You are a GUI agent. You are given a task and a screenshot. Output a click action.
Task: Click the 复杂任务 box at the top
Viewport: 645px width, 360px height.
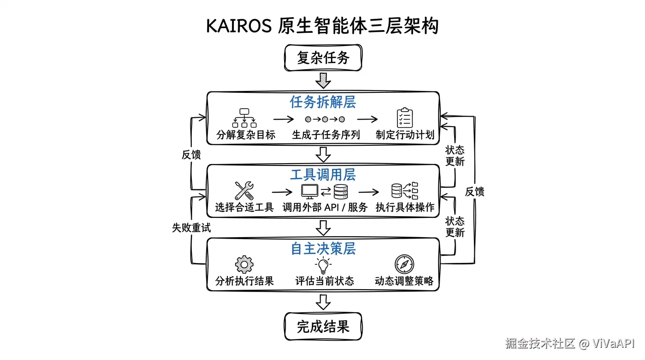[323, 58]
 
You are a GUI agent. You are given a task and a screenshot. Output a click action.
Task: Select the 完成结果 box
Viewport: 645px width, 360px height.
[323, 326]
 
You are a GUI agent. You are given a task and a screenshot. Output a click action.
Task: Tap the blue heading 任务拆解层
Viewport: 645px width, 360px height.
[322, 102]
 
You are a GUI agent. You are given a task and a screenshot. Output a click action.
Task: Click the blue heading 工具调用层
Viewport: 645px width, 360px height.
[322, 175]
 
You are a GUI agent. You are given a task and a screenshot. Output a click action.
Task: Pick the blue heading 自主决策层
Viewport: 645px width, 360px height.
[322, 248]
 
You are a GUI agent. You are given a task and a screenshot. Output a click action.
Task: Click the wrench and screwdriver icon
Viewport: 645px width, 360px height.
[244, 191]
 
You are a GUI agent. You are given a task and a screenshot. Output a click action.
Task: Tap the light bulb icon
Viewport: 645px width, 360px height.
[323, 265]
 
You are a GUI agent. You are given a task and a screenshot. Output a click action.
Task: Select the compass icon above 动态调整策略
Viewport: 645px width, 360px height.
[404, 264]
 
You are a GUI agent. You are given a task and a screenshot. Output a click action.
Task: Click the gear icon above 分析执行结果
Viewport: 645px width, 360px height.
[244, 264]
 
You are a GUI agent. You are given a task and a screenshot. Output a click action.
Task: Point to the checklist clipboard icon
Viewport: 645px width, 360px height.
[405, 118]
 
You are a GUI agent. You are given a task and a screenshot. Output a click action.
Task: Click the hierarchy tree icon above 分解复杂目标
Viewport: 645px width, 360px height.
[244, 118]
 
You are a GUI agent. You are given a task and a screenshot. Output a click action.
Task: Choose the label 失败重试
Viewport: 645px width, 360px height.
[191, 228]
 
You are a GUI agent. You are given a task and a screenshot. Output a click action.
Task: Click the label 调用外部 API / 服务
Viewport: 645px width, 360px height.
[325, 207]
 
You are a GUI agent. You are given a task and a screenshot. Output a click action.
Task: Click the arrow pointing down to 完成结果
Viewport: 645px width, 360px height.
[323, 302]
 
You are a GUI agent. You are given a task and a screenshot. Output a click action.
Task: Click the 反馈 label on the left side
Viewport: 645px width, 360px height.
[191, 155]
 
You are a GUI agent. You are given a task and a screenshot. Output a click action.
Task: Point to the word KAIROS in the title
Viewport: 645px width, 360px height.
[239, 26]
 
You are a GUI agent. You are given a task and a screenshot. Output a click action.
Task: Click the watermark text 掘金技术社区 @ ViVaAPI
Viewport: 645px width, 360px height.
[570, 343]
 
